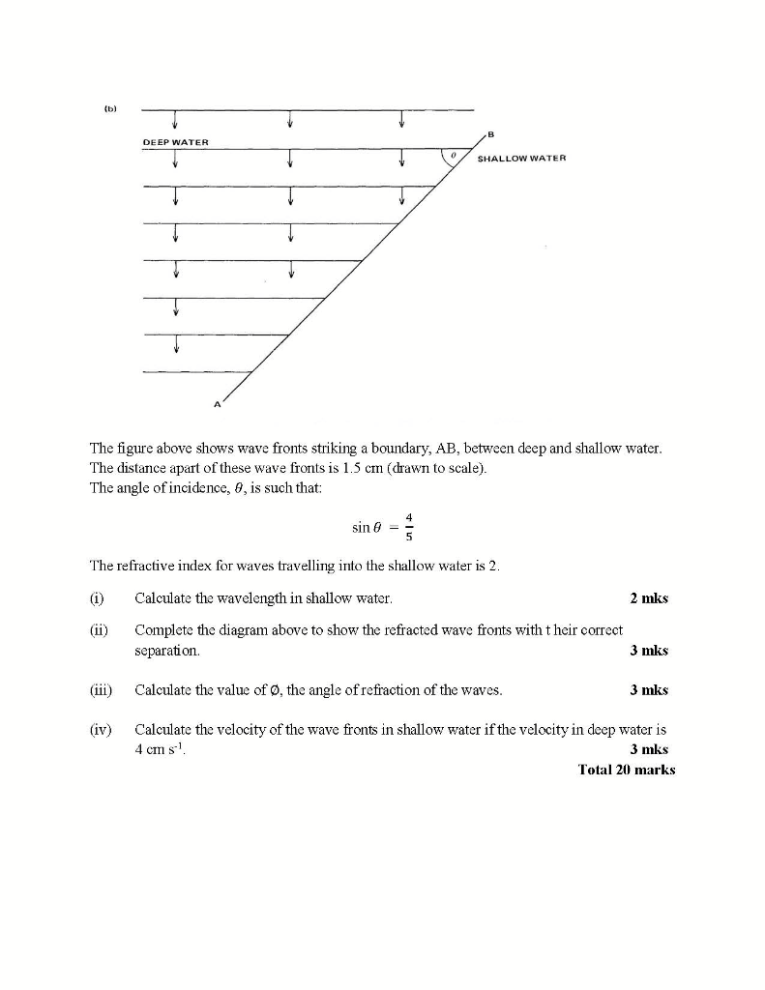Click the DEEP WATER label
pos(175,142)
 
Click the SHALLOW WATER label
pos(521,158)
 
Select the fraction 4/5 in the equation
pos(407,527)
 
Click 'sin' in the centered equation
pos(361,527)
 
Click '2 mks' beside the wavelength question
pos(648,598)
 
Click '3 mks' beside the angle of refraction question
pos(648,690)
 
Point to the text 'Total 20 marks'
pos(626,770)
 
